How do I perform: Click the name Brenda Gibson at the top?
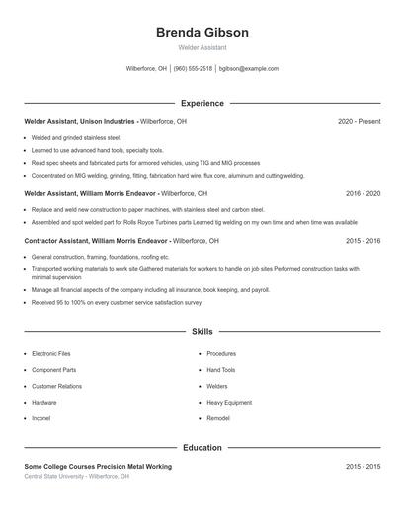pos(202,32)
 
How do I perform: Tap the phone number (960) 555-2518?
pos(194,69)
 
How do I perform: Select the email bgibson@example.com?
pos(249,69)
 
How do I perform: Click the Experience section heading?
pos(202,103)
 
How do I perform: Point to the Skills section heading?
pos(202,332)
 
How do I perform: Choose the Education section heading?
pos(202,448)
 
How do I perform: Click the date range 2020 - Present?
pos(359,121)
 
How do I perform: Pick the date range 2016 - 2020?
pos(363,194)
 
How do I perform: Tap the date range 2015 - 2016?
pos(363,240)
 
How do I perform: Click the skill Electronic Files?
pos(51,353)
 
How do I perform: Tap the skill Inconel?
pos(42,418)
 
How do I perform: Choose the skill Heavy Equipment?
pos(229,403)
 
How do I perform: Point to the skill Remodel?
pos(218,418)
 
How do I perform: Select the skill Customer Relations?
pos(56,386)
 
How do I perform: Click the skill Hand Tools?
pos(221,370)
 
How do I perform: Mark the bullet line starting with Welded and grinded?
pos(75,138)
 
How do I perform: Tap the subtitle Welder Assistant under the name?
pos(202,47)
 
